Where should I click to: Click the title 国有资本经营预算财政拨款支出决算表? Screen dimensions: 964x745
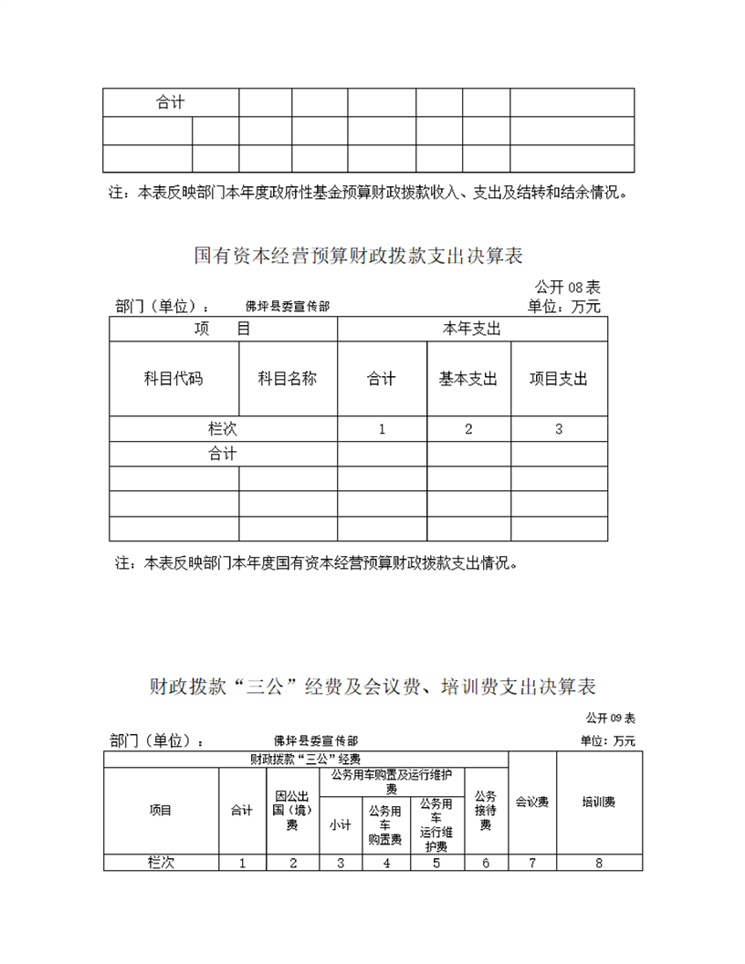click(358, 255)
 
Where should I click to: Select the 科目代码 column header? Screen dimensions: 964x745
click(173, 379)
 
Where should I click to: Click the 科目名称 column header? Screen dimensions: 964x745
click(288, 379)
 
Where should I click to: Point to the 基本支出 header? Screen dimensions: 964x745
click(468, 379)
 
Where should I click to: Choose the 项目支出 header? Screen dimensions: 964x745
click(559, 379)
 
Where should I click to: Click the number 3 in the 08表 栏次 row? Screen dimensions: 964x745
click(559, 429)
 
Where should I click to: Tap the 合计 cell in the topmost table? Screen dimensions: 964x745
click(170, 102)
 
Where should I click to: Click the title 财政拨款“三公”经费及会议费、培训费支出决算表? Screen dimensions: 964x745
click(372, 686)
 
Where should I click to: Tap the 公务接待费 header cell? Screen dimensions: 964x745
click(486, 811)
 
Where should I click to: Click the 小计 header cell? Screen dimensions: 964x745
click(341, 824)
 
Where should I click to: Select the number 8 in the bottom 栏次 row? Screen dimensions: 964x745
click(599, 863)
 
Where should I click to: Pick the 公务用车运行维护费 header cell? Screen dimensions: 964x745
click(436, 824)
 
